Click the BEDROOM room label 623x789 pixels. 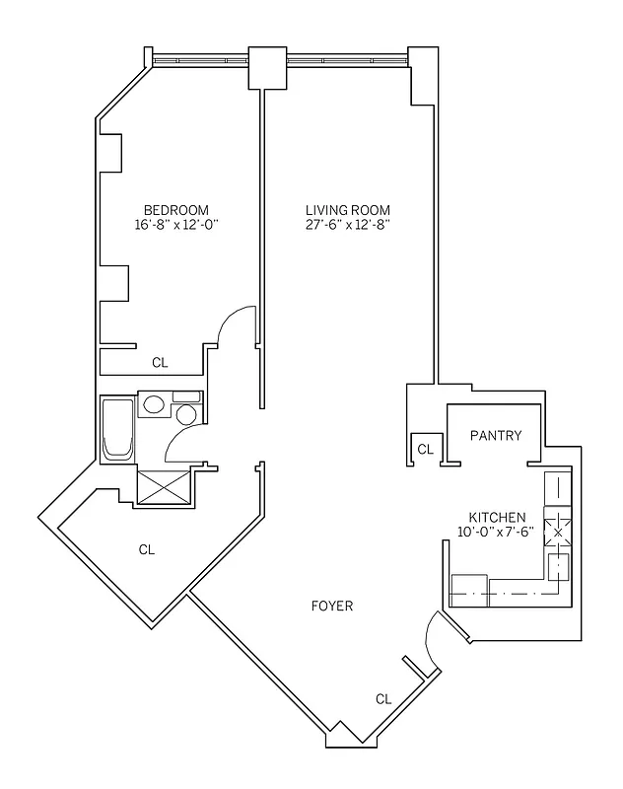[175, 209]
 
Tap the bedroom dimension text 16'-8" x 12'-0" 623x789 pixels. [175, 225]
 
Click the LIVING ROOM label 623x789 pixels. [347, 209]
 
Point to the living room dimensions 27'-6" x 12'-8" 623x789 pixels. [347, 225]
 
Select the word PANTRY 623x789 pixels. [495, 436]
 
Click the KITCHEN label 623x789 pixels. [497, 517]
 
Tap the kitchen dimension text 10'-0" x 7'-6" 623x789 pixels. [497, 533]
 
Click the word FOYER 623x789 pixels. [331, 606]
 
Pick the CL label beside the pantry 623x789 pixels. [425, 449]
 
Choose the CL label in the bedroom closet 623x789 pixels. [160, 362]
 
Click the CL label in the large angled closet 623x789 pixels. [147, 549]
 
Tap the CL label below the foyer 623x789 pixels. [383, 699]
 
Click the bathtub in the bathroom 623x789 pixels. [117, 429]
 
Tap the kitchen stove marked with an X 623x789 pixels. [558, 528]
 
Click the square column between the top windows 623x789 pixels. [267, 66]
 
